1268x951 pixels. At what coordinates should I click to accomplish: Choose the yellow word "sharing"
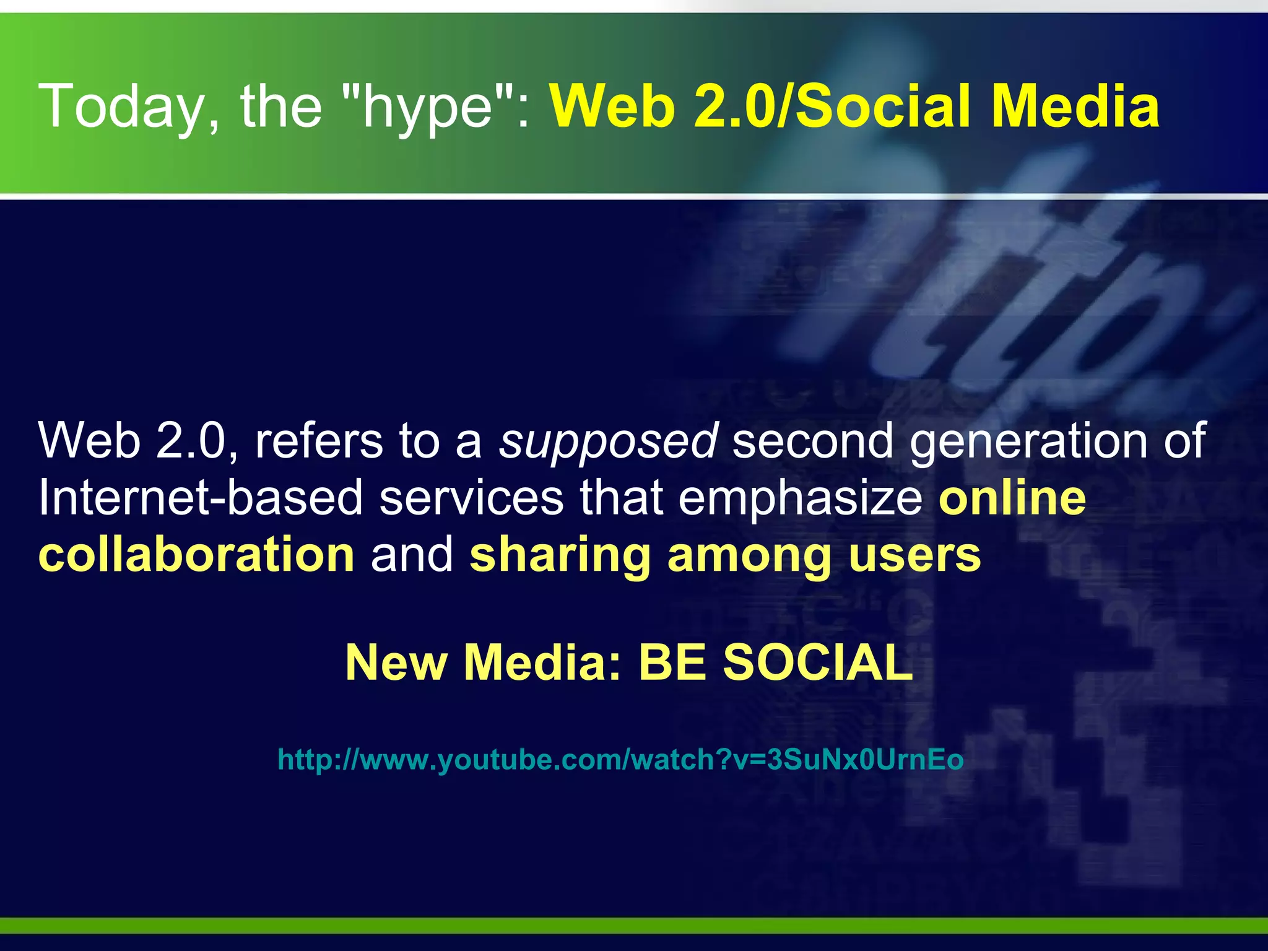pyautogui.click(x=560, y=555)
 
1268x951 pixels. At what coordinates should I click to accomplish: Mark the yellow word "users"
pyautogui.click(x=914, y=555)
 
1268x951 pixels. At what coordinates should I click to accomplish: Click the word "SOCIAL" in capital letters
pyautogui.click(x=818, y=662)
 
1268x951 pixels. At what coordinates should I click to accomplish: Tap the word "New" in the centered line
pyautogui.click(x=396, y=662)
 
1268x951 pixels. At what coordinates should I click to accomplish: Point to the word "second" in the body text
pyautogui.click(x=813, y=441)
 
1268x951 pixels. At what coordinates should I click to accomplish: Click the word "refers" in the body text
pyautogui.click(x=319, y=441)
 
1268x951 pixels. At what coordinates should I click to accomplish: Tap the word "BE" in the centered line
pyautogui.click(x=671, y=662)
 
